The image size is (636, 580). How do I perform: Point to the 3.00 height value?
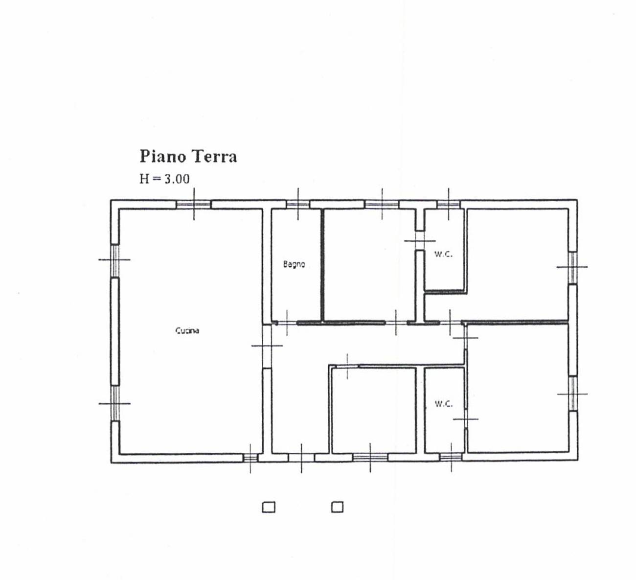click(x=177, y=179)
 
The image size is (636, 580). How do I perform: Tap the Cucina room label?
click(x=187, y=330)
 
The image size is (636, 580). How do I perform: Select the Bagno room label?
click(x=294, y=264)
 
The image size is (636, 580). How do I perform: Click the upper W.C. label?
click(x=443, y=254)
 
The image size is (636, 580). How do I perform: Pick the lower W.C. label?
click(x=444, y=404)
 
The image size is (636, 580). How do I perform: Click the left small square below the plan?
click(x=269, y=507)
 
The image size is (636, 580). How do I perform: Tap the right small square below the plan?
click(x=337, y=507)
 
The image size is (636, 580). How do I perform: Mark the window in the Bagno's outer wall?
click(x=298, y=204)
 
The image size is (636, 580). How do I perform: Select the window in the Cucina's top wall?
click(x=194, y=204)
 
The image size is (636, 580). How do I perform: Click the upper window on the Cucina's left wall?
click(x=115, y=260)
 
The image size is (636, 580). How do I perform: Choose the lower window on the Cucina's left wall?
click(x=115, y=403)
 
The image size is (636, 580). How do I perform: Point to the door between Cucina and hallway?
click(x=267, y=346)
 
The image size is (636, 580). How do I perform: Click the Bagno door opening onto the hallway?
click(x=287, y=323)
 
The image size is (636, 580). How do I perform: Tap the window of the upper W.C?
click(x=448, y=204)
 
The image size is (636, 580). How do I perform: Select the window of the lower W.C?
click(x=451, y=457)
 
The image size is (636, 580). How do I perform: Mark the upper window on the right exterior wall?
click(x=572, y=267)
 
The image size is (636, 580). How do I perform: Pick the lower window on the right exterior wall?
click(x=572, y=394)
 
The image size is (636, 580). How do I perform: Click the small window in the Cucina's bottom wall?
click(x=250, y=458)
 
